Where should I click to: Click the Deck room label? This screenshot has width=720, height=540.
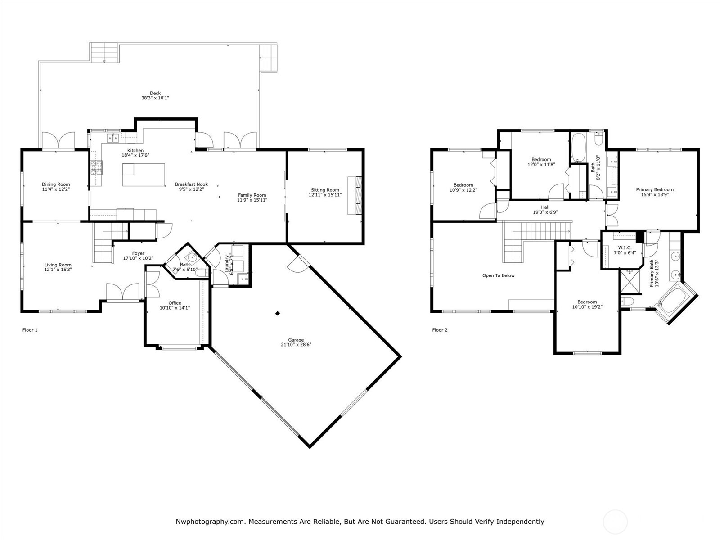(x=155, y=94)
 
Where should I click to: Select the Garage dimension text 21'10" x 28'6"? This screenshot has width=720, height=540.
(x=296, y=345)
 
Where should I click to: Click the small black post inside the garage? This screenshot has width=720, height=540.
(x=278, y=313)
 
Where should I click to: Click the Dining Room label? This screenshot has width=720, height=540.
(x=56, y=184)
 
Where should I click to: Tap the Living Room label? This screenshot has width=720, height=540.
(x=58, y=265)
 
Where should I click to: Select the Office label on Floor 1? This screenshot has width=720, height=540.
(x=175, y=303)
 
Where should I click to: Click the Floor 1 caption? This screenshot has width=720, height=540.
(x=30, y=330)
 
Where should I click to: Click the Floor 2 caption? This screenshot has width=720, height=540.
(x=440, y=330)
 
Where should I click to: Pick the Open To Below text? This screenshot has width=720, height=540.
(x=498, y=275)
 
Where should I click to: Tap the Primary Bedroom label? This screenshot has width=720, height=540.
(x=654, y=189)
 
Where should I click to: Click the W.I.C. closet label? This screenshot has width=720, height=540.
(x=625, y=247)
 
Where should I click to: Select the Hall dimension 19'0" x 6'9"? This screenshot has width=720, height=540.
(x=545, y=212)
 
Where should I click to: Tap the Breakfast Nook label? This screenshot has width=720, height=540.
(x=191, y=184)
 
